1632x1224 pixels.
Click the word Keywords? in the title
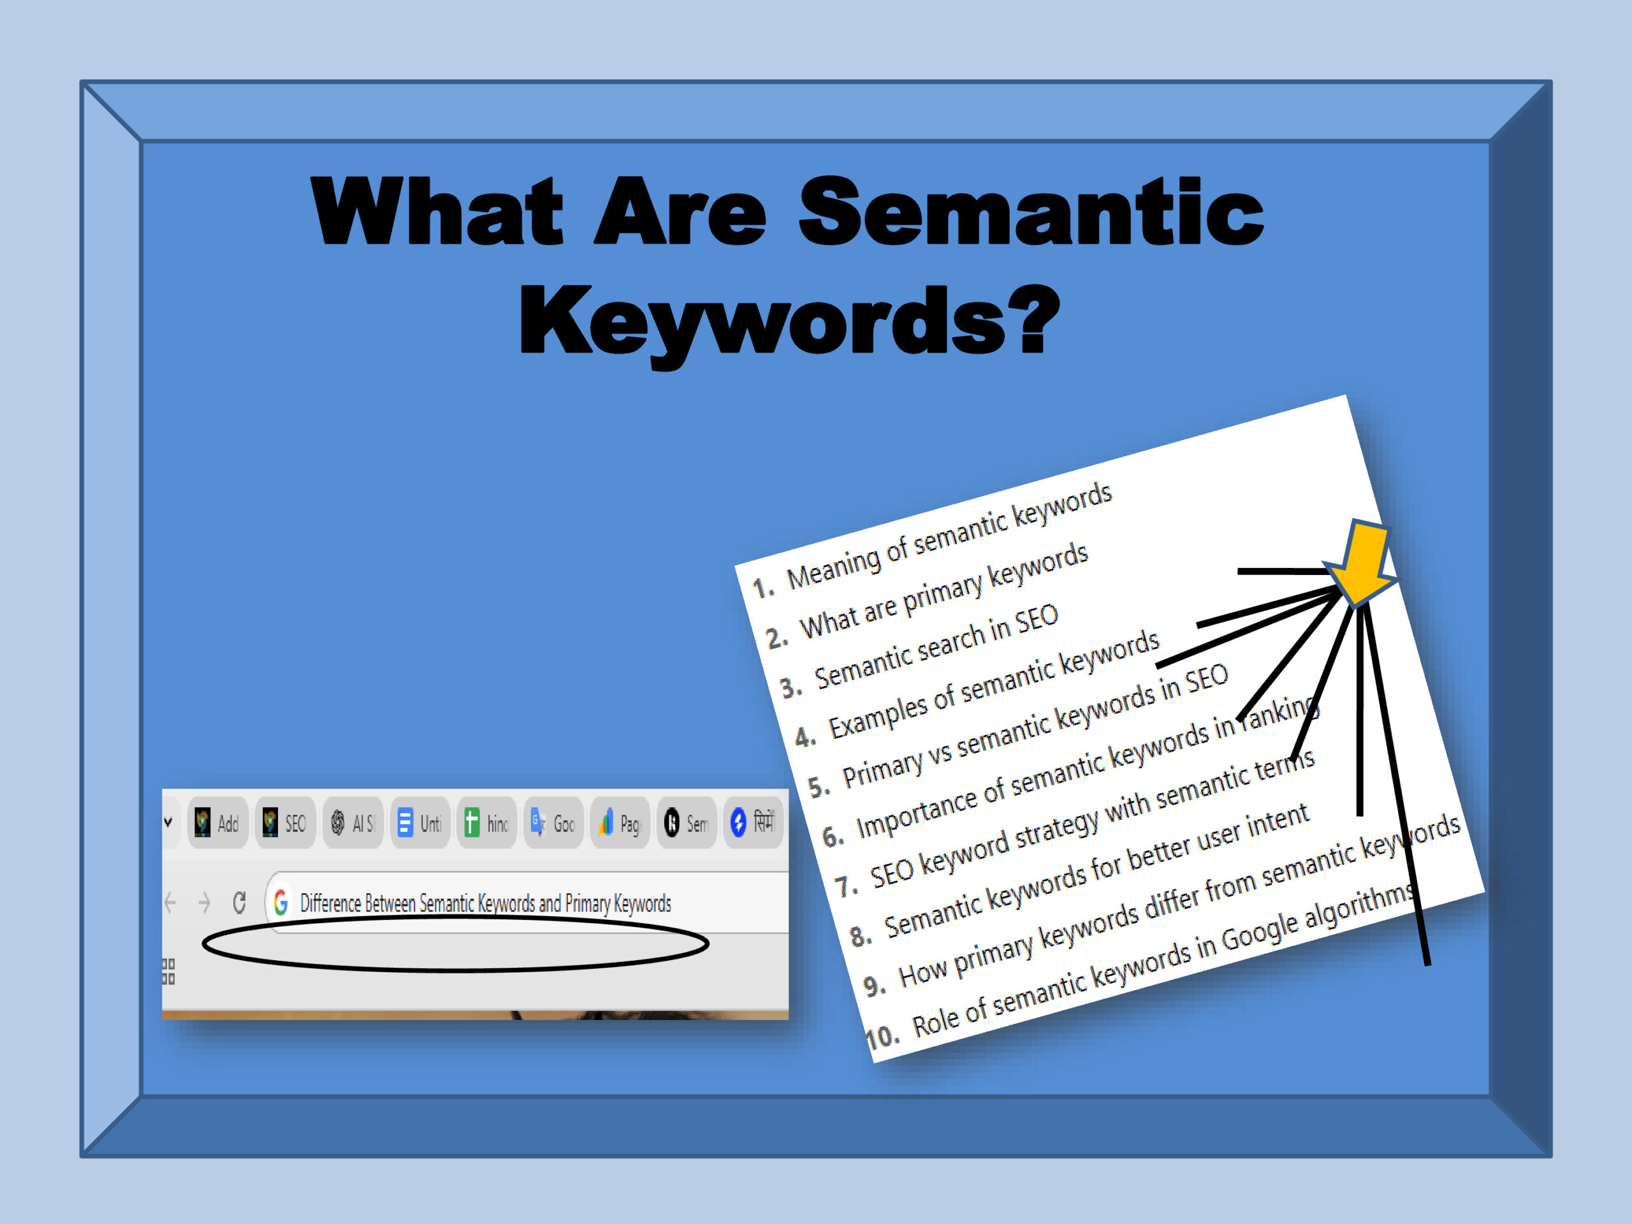[x=789, y=323]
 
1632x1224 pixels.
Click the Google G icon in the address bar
[x=280, y=901]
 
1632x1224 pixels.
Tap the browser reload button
[x=239, y=901]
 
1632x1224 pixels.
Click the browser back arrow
[x=170, y=901]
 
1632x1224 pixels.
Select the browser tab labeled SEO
[x=285, y=822]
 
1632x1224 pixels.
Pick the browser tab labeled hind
[x=487, y=822]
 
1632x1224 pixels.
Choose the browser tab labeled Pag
[x=620, y=822]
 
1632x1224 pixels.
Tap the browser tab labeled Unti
[x=420, y=822]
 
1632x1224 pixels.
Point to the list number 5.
[x=819, y=787]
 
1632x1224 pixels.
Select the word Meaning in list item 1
[x=834, y=566]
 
